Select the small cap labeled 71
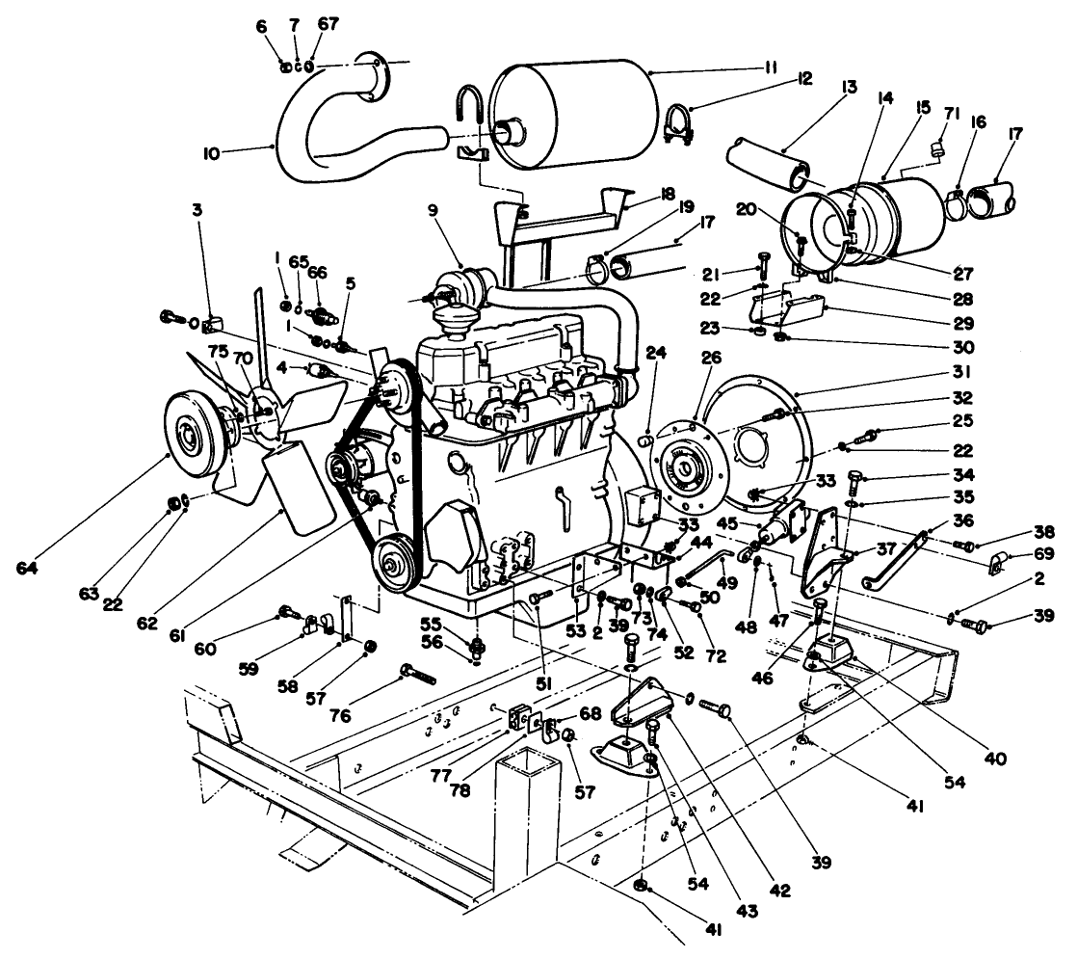(x=934, y=147)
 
